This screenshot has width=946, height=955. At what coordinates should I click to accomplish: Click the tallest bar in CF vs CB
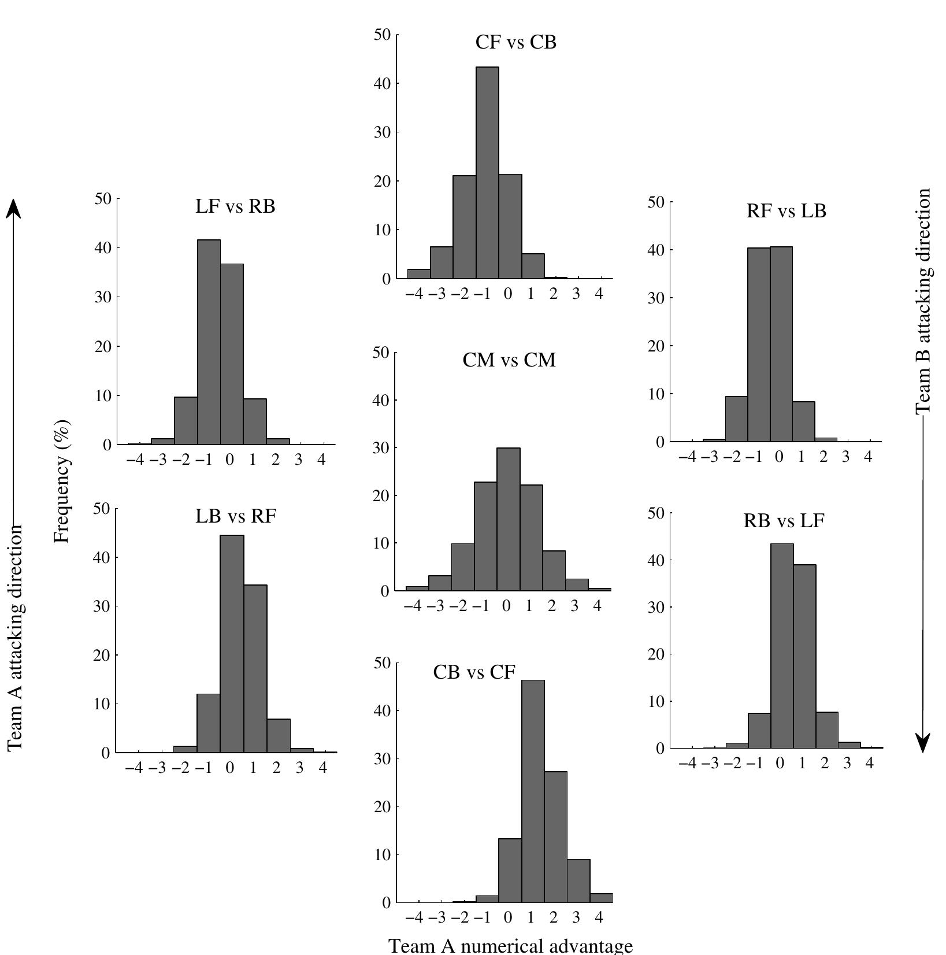(x=487, y=173)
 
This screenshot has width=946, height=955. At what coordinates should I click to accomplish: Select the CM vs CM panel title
(x=509, y=360)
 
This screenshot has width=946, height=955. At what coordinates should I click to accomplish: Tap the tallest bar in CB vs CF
(x=533, y=792)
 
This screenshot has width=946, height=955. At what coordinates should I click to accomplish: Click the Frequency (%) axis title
(x=62, y=482)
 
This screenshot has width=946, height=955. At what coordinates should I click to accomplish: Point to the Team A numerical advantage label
(x=511, y=946)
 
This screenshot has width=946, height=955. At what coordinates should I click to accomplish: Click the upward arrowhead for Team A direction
(x=14, y=209)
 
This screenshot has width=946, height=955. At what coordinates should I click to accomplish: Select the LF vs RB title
(x=235, y=206)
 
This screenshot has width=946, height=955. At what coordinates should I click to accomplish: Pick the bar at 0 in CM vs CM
(x=508, y=520)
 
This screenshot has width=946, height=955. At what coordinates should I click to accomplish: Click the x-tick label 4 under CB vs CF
(x=599, y=918)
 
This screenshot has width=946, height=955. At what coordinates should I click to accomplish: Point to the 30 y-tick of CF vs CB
(x=382, y=132)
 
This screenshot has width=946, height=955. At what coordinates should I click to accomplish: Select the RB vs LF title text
(x=783, y=521)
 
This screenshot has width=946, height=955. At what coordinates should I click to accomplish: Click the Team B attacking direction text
(x=923, y=301)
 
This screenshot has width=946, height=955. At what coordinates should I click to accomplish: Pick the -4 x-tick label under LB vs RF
(x=133, y=768)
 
